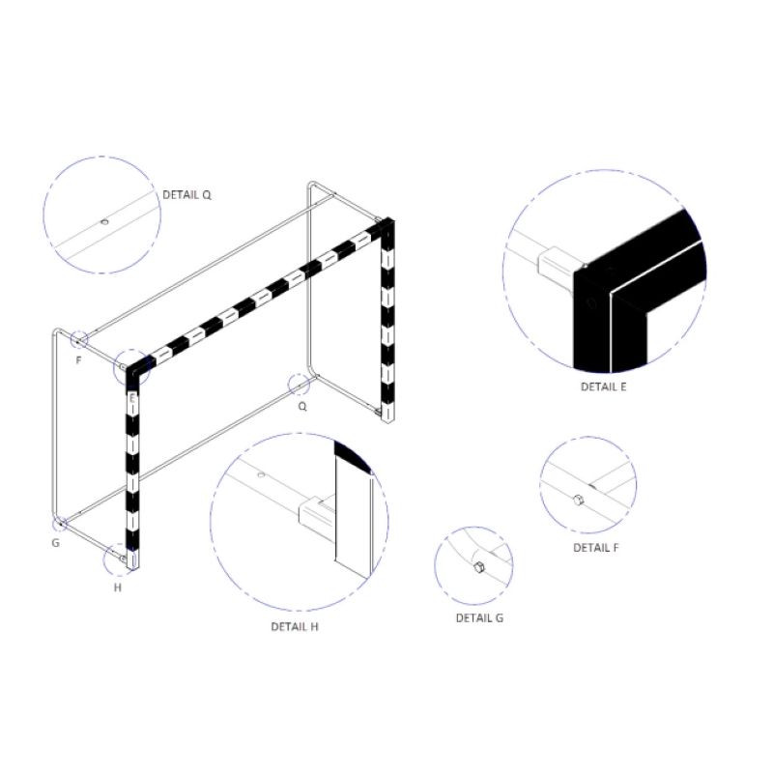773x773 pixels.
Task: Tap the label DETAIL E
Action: [604, 386]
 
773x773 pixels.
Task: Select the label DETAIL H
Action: [295, 626]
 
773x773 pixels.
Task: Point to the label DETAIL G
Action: [479, 617]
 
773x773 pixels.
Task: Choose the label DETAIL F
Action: [596, 547]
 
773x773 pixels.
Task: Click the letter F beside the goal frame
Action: [79, 359]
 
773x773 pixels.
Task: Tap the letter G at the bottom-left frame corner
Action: [56, 543]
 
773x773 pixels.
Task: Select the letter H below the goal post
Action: [118, 587]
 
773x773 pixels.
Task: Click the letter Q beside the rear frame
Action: [302, 407]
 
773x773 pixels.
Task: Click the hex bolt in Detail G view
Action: [478, 566]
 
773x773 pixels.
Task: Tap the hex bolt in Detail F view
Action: [577, 499]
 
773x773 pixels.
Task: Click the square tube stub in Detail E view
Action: [554, 263]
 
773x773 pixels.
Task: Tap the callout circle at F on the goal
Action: [78, 339]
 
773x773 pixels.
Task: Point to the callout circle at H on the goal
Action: [118, 558]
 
